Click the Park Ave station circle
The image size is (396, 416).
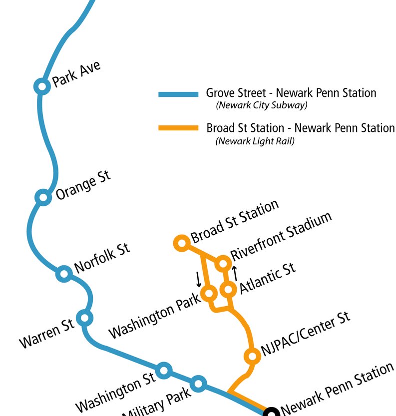click(42, 86)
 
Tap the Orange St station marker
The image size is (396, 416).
click(43, 197)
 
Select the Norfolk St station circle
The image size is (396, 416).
click(64, 273)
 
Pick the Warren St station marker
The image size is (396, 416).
click(85, 317)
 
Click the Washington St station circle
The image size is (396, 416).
click(164, 371)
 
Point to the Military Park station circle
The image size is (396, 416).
click(199, 384)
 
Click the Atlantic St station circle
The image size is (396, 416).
click(228, 289)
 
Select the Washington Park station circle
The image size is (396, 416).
click(208, 293)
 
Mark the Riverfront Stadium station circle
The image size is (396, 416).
click(223, 263)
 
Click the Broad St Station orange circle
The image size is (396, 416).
click(181, 243)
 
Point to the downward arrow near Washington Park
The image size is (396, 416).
click(198, 280)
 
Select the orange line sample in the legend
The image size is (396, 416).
click(178, 128)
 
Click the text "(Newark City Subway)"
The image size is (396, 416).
click(261, 105)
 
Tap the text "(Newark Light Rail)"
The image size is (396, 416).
click(255, 141)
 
